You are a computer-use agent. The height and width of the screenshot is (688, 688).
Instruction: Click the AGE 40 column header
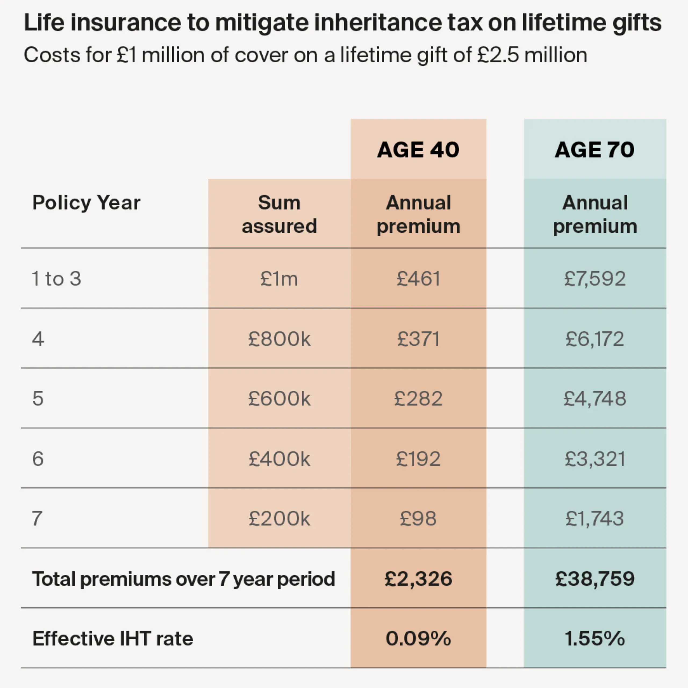(x=418, y=150)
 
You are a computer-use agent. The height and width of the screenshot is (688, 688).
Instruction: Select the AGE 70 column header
(x=594, y=150)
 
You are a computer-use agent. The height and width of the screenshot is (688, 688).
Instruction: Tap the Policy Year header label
(x=86, y=203)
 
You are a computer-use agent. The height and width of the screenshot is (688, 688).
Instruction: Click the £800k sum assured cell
(x=279, y=339)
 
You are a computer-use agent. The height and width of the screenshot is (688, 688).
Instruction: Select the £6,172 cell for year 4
(x=595, y=339)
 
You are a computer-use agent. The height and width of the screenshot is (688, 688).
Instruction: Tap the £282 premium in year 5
(x=418, y=399)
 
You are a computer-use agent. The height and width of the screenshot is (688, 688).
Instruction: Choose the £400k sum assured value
(x=279, y=459)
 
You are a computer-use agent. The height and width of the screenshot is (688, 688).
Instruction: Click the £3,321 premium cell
(x=595, y=459)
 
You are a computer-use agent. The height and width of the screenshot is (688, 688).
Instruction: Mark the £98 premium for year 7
(x=418, y=518)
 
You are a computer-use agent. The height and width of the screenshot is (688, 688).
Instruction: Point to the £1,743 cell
(x=595, y=518)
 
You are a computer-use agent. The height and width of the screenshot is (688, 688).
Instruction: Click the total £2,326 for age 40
(x=418, y=579)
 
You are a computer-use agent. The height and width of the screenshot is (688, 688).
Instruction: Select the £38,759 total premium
(x=595, y=579)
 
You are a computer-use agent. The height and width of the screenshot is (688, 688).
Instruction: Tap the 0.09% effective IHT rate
(x=418, y=639)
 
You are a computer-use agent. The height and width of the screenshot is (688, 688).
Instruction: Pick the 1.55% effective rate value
(x=595, y=639)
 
